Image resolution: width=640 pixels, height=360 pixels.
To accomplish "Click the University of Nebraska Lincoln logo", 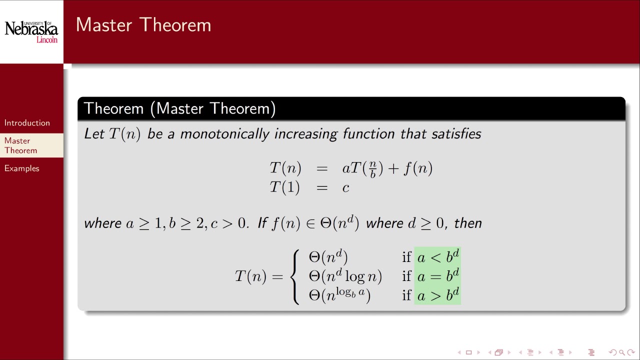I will click(31, 31).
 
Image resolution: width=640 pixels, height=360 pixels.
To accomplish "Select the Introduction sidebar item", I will click(27, 123).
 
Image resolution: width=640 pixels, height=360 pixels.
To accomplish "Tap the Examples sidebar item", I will click(21, 168).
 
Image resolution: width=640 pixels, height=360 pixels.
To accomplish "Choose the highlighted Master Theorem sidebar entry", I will click(20, 145).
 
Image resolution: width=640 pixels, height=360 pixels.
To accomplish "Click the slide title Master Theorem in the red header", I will click(143, 25).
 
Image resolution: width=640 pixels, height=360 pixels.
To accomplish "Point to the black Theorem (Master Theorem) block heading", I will click(179, 108).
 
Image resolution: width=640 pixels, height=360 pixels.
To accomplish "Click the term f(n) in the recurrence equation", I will click(417, 168).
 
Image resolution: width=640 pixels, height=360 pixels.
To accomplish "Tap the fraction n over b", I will click(373, 169).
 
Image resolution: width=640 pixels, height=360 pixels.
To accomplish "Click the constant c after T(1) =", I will click(345, 187).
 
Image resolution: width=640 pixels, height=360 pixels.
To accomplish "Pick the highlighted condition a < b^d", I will click(437, 257).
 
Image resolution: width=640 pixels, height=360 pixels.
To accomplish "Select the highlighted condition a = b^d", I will click(437, 276).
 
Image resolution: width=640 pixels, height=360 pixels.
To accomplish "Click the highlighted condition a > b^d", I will click(437, 295).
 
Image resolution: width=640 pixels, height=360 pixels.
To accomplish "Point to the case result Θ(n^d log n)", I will click(345, 276).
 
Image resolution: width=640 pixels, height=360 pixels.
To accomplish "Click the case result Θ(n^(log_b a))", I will click(339, 295).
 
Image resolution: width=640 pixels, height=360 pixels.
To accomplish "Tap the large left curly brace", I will click(296, 276).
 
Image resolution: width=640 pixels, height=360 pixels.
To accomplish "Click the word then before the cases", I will click(467, 223).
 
